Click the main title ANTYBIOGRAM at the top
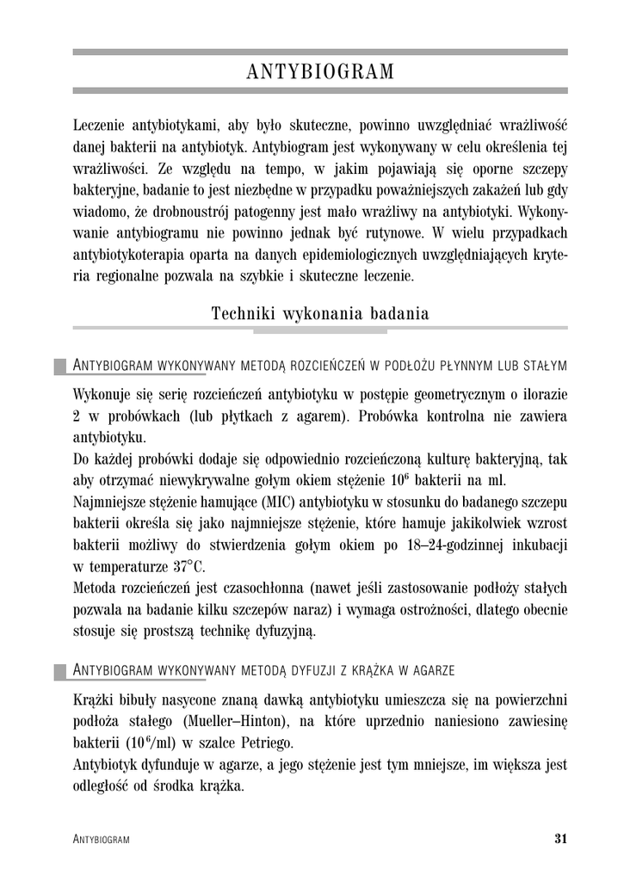coord(320,72)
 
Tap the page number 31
coord(561,839)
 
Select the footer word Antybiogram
coord(102,840)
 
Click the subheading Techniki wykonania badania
coord(320,314)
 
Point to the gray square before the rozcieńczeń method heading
coord(60,367)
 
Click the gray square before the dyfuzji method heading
coord(60,670)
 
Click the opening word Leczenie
coord(100,126)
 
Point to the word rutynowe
coord(386,233)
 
